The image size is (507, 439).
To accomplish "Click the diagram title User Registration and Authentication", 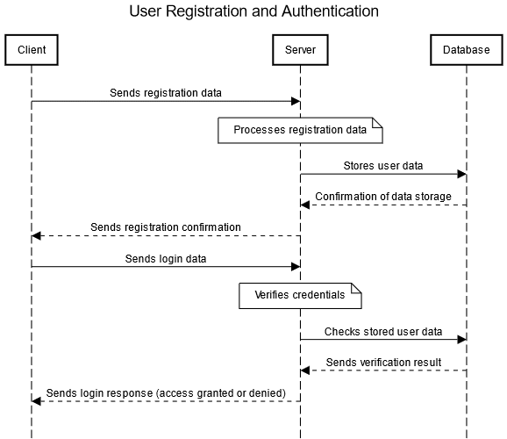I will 253,11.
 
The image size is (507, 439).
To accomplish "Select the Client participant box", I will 31,50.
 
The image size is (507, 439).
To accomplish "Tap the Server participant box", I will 301,50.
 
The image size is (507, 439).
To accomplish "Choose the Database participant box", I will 466,50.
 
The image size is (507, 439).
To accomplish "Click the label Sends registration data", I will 166,92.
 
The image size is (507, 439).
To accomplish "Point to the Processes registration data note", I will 300,131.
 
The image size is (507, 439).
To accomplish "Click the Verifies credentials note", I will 300,296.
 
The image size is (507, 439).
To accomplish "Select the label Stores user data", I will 383,165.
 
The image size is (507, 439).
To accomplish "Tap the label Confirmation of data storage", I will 383,196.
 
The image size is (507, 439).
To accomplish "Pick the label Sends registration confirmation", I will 166,227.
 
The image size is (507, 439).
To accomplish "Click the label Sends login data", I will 166,258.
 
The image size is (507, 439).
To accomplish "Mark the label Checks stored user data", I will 383,331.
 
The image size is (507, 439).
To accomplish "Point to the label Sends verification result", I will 383,362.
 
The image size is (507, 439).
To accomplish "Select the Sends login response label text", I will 166,392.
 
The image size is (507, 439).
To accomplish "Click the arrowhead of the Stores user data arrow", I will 461,174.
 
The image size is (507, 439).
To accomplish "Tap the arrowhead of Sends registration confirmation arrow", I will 36,236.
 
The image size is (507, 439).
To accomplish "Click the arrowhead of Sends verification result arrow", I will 305,371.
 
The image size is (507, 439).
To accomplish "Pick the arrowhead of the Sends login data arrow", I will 296,267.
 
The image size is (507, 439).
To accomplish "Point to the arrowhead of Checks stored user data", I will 461,339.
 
